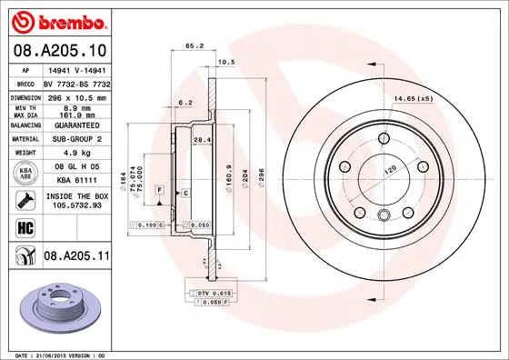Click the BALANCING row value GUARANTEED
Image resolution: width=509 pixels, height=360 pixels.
pos(73,125)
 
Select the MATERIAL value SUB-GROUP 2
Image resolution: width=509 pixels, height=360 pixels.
pos(73,139)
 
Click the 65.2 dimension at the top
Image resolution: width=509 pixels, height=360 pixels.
pos(194,45)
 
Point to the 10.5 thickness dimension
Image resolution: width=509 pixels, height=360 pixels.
pos(227,62)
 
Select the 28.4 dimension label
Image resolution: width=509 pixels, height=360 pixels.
pos(204,139)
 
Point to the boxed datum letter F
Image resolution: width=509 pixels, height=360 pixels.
pos(160,188)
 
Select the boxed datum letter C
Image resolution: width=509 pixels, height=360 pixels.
pos(185,194)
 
